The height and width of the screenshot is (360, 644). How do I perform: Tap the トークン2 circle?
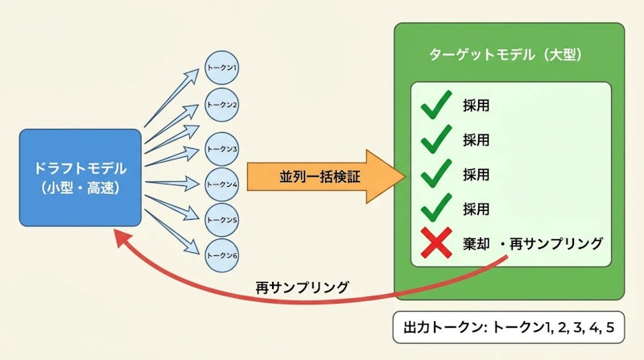click(x=221, y=104)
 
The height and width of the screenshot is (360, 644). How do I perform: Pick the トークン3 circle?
click(x=221, y=148)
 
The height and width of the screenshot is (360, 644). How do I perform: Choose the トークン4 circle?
click(x=221, y=184)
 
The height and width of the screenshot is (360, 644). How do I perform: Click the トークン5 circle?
click(x=221, y=218)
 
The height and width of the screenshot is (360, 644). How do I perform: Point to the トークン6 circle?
click(x=221, y=254)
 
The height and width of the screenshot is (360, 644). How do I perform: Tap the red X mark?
click(x=435, y=242)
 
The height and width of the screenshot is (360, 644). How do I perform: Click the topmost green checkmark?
click(x=436, y=106)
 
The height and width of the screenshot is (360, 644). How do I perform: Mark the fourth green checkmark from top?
click(x=436, y=207)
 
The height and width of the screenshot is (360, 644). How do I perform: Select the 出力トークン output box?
click(x=509, y=328)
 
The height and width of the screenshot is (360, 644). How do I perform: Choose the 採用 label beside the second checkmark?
click(x=476, y=139)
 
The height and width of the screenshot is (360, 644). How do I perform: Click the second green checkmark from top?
click(x=436, y=139)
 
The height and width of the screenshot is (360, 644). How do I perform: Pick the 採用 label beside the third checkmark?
click(x=476, y=173)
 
